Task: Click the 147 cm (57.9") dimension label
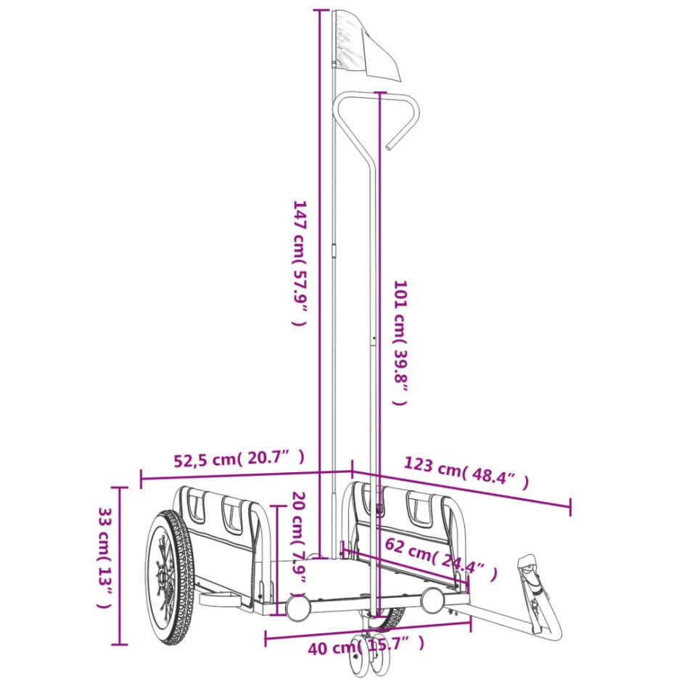point(300,263)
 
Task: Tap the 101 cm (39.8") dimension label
point(400,342)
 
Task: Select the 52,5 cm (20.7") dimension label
point(239,458)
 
